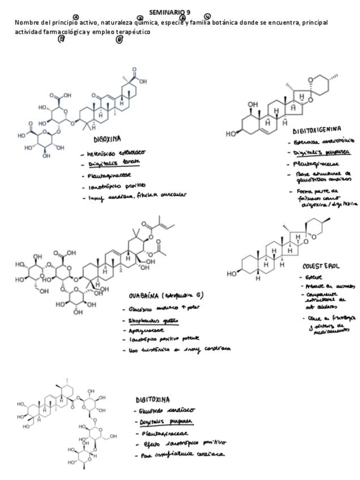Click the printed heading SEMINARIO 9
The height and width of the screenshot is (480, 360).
click(170, 12)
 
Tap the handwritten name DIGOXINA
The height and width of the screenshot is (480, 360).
click(107, 139)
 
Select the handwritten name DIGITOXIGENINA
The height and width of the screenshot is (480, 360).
click(316, 130)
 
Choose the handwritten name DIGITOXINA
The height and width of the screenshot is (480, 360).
click(152, 400)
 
